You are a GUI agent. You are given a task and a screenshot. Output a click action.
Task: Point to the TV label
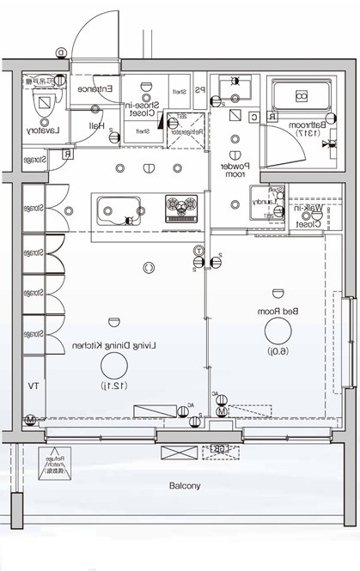pos(33,386)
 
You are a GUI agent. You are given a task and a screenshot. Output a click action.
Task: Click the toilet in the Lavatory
pos(41,104)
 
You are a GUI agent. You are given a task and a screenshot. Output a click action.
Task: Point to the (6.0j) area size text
pos(278,351)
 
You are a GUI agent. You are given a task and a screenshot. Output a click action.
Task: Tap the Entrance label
pos(93,88)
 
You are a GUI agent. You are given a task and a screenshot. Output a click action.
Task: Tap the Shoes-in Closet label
pos(140,103)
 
